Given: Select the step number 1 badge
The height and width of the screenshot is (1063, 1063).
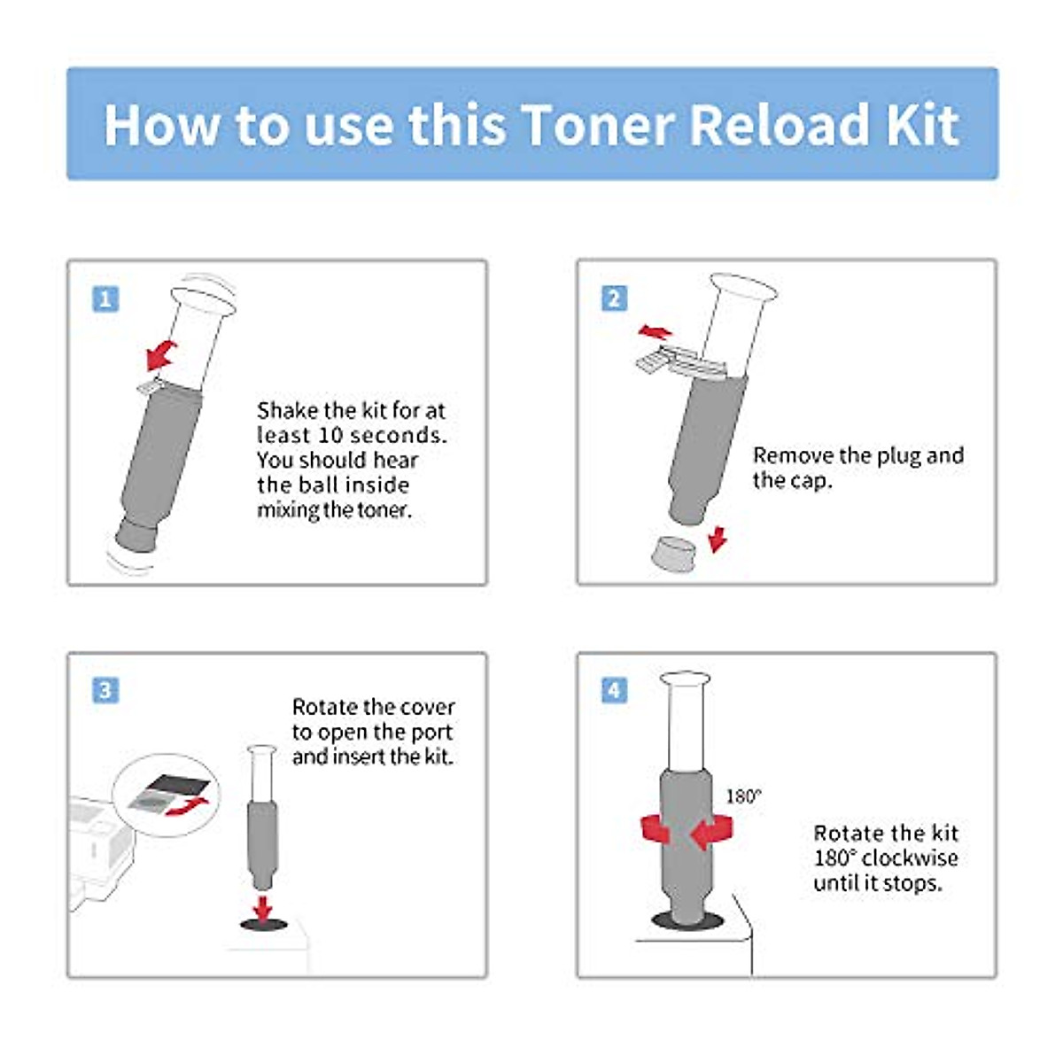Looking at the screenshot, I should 105,299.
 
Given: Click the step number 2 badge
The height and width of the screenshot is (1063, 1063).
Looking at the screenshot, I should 614,298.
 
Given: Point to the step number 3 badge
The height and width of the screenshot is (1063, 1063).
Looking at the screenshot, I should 105,690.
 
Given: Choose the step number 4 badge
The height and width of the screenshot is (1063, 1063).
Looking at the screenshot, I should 614,690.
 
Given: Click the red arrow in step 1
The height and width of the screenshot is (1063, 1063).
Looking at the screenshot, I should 161,355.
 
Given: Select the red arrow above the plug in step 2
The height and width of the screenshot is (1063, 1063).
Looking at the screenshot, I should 655,332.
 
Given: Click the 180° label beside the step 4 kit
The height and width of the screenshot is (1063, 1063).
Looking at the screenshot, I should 743,796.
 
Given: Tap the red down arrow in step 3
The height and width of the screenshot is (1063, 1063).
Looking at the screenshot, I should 262,907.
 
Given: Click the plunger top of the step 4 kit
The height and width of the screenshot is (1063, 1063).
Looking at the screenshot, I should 685,680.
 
